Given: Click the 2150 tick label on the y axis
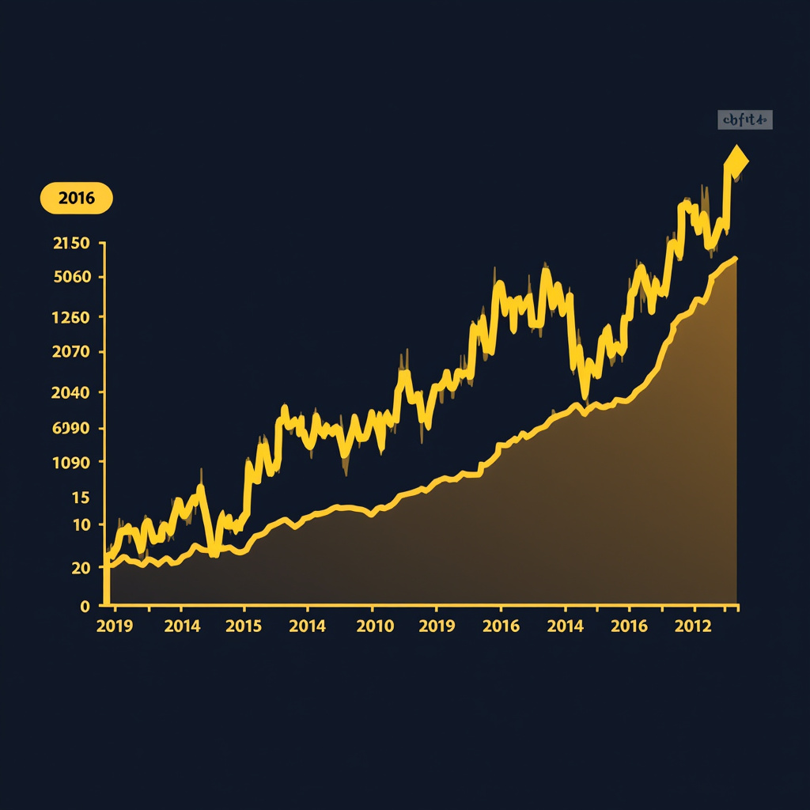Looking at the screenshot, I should pyautogui.click(x=71, y=244).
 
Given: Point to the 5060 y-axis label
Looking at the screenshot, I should pyautogui.click(x=71, y=277).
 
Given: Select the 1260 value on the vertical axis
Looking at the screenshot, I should pyautogui.click(x=71, y=317).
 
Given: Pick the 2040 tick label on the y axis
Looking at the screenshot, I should pyautogui.click(x=71, y=392).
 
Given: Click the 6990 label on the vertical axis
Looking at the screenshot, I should pyautogui.click(x=71, y=429).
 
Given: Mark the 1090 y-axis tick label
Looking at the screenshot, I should pyautogui.click(x=71, y=463).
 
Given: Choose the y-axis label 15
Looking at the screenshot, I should pyautogui.click(x=81, y=498).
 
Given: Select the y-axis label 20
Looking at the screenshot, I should pyautogui.click(x=81, y=567).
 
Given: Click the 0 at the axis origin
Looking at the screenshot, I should pyautogui.click(x=85, y=606).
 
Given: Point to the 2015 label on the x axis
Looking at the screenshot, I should pyautogui.click(x=244, y=626).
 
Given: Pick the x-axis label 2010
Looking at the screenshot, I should pyautogui.click(x=375, y=626).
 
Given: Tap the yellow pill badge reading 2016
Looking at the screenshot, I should pyautogui.click(x=77, y=198).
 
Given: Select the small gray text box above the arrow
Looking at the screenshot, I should pyautogui.click(x=744, y=120).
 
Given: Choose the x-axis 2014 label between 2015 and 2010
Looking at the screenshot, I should pyautogui.click(x=308, y=626).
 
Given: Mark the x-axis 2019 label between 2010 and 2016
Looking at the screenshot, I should pyautogui.click(x=437, y=626).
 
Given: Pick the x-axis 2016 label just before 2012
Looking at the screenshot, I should pyautogui.click(x=630, y=626).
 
